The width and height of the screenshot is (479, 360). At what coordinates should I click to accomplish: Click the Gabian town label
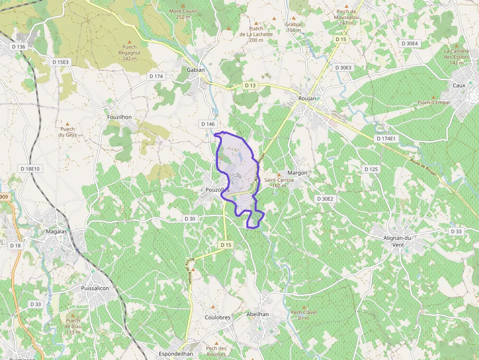click(196, 70)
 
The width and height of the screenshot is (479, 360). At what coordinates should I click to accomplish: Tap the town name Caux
click(459, 85)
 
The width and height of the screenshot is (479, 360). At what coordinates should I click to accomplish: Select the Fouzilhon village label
click(119, 117)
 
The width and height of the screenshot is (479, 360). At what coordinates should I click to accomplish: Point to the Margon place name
click(298, 173)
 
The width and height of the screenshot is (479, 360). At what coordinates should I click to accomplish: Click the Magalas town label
click(56, 232)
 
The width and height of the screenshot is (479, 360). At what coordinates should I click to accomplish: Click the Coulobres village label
click(218, 318)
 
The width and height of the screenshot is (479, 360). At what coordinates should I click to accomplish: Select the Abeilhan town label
click(258, 315)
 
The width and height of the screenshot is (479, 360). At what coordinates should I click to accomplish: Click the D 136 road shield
click(18, 46)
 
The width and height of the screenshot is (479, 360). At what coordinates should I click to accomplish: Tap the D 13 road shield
click(250, 85)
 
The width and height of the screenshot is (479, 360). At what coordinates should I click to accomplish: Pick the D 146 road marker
click(208, 124)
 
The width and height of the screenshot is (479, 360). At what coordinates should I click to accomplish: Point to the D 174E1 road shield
click(388, 139)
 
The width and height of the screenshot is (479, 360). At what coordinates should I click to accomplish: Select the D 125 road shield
click(371, 169)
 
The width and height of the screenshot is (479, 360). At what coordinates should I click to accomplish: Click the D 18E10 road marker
click(30, 169)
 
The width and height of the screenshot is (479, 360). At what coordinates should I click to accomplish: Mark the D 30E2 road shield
click(325, 199)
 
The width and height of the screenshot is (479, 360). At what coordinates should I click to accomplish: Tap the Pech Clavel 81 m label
click(304, 315)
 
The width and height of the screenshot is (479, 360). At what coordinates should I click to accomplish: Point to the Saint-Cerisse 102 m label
click(279, 182)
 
